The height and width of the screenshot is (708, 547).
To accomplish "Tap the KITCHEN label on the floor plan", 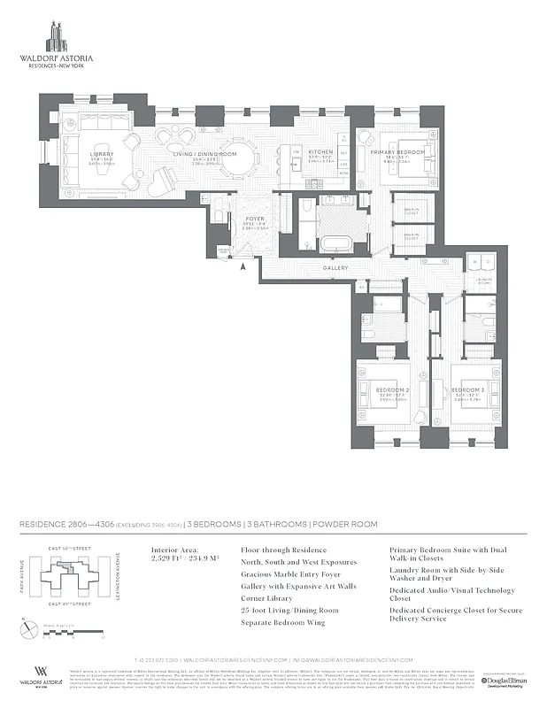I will click(x=320, y=152).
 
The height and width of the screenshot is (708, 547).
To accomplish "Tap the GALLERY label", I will click(x=335, y=268).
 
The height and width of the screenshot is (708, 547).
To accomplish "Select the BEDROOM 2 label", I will click(x=395, y=389).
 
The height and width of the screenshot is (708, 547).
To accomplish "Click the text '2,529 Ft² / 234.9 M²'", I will click(x=183, y=559).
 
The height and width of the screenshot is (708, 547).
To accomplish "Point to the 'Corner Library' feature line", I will click(x=267, y=598).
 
